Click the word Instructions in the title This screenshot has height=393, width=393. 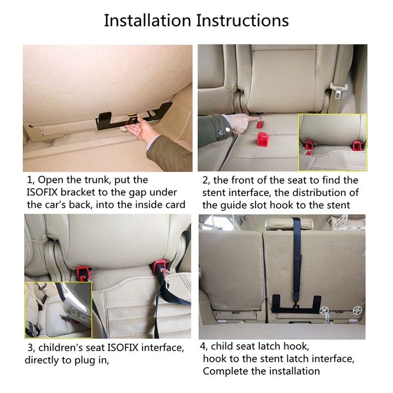click(x=242, y=21)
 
